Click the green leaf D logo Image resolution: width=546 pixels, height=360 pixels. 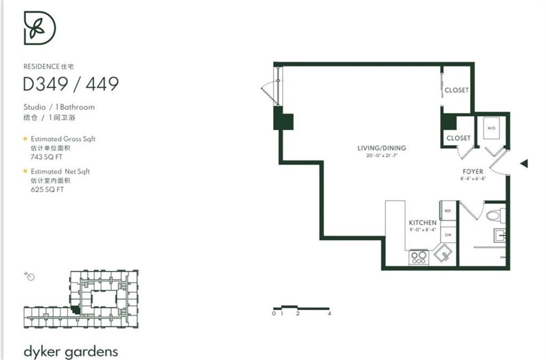click(x=39, y=28)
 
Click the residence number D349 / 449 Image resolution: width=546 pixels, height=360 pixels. click(x=70, y=84)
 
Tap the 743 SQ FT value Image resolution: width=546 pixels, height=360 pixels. click(x=47, y=157)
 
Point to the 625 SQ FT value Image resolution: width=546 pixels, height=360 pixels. click(x=47, y=189)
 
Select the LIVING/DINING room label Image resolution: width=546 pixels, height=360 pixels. click(x=381, y=148)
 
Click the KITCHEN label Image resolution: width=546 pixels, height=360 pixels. click(x=423, y=222)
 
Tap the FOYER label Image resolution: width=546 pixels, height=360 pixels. click(x=473, y=171)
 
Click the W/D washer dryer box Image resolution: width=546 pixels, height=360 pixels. click(x=491, y=128)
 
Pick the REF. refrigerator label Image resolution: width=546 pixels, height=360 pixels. click(x=448, y=211)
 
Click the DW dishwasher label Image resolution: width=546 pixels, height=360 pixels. click(x=448, y=235)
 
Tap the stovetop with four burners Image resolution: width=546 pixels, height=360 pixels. click(x=419, y=258)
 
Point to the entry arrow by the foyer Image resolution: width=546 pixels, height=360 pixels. click(x=524, y=164)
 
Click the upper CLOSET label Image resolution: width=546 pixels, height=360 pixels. click(x=456, y=90)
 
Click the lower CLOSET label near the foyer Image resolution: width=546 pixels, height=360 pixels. click(x=459, y=138)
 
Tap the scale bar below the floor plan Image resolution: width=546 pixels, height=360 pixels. click(x=301, y=308)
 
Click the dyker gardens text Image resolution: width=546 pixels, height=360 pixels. click(x=70, y=351)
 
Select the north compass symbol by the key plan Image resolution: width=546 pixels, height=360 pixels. click(x=30, y=276)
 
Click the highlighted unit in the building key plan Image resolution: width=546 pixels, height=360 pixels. click(x=76, y=309)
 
